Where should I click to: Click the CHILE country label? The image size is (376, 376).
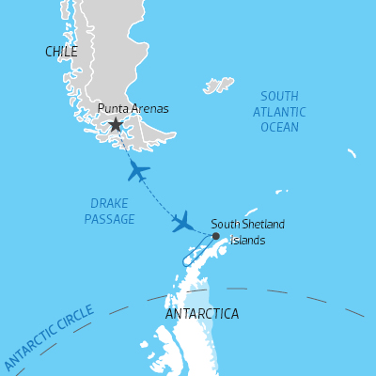(61, 52)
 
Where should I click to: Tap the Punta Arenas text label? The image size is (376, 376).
(133, 109)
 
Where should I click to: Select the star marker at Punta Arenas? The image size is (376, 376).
(116, 124)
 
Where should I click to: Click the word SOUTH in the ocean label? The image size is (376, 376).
(280, 96)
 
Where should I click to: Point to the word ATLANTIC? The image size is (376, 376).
(280, 112)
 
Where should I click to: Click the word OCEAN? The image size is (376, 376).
(280, 127)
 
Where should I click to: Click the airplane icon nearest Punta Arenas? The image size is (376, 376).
(138, 171)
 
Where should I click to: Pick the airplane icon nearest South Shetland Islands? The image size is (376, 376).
(184, 223)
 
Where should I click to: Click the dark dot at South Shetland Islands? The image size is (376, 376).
(215, 236)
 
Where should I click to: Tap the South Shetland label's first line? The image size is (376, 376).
(247, 224)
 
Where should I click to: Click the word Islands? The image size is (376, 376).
(248, 240)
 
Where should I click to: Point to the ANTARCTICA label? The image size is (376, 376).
(201, 313)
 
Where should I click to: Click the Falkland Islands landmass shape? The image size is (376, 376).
(219, 86)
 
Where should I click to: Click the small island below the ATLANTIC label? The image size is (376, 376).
(351, 152)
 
